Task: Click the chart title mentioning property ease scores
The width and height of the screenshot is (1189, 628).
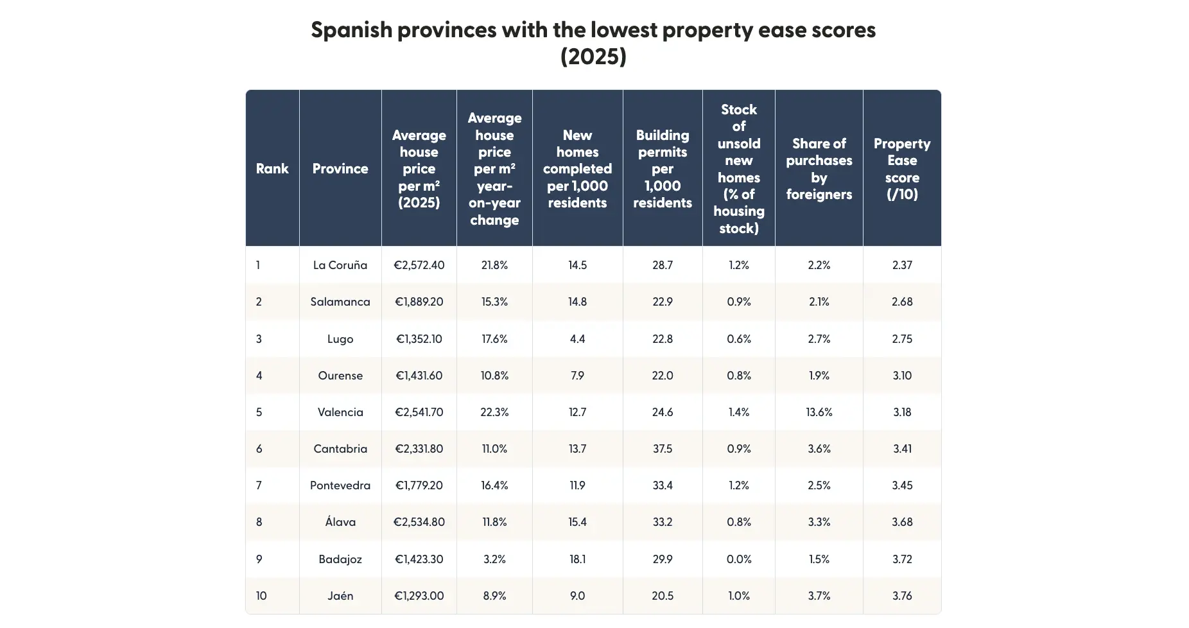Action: click(593, 42)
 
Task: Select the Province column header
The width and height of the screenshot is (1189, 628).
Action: click(340, 168)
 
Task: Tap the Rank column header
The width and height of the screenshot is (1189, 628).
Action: click(272, 168)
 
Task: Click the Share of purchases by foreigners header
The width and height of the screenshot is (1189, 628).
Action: click(819, 168)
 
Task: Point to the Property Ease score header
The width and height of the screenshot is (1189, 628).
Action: click(901, 168)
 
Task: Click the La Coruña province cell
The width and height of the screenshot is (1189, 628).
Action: click(340, 265)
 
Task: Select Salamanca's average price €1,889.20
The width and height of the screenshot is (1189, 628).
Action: click(419, 302)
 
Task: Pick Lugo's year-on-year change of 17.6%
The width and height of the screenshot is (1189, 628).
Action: click(494, 339)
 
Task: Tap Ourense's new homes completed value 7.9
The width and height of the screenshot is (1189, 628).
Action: click(577, 376)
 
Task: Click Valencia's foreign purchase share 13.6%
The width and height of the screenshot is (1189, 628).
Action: click(819, 412)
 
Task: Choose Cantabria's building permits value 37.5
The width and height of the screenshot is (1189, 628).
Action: click(662, 449)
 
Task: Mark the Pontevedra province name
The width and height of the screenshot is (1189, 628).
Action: click(340, 485)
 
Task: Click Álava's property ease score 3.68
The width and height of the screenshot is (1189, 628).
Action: click(901, 522)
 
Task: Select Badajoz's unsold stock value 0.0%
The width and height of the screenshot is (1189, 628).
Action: click(738, 559)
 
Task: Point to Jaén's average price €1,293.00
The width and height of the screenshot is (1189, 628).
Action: click(419, 596)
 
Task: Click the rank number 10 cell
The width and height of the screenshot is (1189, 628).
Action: click(261, 596)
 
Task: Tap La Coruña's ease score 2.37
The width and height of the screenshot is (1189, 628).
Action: click(901, 265)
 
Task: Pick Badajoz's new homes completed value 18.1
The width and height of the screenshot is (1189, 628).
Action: click(577, 559)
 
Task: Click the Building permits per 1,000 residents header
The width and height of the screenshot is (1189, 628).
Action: click(662, 168)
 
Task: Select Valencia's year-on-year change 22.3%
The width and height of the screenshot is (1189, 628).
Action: click(494, 412)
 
